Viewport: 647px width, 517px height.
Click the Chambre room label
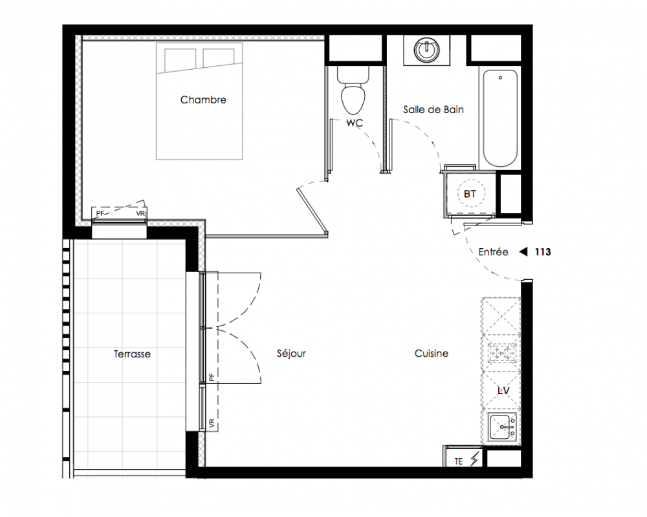(203, 100)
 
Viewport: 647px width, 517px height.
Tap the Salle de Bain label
(433, 110)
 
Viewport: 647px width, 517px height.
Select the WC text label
(355, 123)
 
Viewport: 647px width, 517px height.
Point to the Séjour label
(291, 353)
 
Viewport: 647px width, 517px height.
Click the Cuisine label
(431, 353)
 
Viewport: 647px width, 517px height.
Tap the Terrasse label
(132, 353)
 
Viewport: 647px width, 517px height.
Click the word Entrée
(493, 252)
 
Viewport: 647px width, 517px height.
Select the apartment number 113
(543, 252)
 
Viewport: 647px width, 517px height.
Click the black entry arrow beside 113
(523, 251)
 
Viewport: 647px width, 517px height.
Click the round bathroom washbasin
(426, 50)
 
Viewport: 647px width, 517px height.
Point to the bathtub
(500, 118)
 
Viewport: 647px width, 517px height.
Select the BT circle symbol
(470, 193)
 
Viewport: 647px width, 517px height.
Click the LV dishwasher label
(503, 390)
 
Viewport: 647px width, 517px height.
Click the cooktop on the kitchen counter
(502, 353)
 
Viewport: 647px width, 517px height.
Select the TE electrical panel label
(459, 461)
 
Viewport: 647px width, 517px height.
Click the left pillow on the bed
(181, 60)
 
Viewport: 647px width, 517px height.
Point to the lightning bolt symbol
(475, 458)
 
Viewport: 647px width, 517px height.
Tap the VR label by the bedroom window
(140, 213)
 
